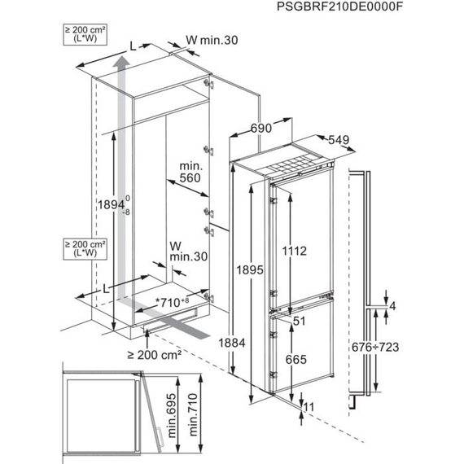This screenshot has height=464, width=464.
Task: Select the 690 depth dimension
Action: click(260, 129)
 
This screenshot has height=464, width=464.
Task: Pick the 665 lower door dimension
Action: click(295, 358)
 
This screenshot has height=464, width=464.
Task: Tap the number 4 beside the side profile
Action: click(392, 306)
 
